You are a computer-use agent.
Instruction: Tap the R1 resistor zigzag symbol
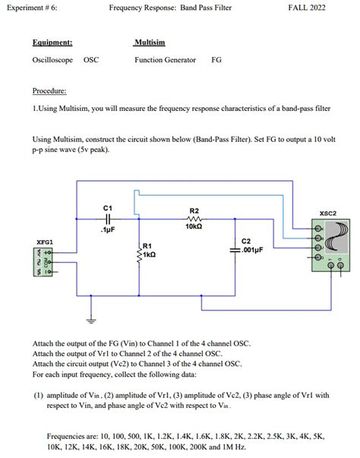(x=139, y=257)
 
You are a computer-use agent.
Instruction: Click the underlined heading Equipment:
(x=52, y=43)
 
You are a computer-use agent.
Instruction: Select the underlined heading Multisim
(x=150, y=43)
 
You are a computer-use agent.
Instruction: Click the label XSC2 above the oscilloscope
(x=329, y=213)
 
